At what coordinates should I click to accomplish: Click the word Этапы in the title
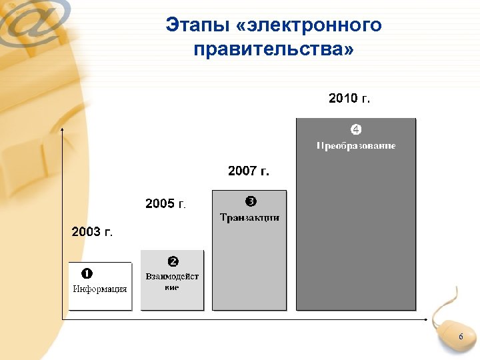[197, 26]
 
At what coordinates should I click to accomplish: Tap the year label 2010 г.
[349, 99]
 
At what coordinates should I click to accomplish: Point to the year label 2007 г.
[249, 171]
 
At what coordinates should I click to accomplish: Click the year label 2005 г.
[166, 203]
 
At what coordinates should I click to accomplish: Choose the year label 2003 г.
[92, 232]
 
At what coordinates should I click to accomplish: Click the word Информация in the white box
[100, 289]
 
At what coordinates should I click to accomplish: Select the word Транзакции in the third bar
[249, 217]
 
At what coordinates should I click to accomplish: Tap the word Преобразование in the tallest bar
[356, 145]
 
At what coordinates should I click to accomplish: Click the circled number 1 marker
[87, 273]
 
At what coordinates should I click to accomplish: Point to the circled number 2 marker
[173, 261]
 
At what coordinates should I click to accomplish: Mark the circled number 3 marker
[251, 201]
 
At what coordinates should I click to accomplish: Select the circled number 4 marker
[356, 129]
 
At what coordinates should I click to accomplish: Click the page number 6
[460, 338]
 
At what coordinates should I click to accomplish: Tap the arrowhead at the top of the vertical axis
[62, 133]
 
